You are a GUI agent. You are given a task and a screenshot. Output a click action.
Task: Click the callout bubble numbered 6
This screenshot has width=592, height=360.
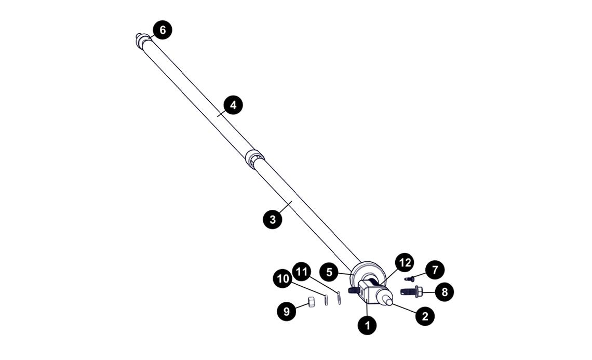163,30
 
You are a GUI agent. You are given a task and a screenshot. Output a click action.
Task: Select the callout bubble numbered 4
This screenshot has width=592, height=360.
233,105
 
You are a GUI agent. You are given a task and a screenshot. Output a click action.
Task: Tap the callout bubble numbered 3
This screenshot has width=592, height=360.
273,219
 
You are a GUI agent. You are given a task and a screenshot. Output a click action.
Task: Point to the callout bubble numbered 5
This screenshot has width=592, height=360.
329,272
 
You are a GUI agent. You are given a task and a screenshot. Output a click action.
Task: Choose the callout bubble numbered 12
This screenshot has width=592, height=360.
404,263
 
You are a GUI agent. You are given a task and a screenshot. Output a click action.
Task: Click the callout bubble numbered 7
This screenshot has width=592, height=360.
435,270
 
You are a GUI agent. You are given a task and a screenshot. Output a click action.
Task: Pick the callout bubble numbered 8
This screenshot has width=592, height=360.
445,292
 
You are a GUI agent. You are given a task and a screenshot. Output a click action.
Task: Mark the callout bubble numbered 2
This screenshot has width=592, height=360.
425,316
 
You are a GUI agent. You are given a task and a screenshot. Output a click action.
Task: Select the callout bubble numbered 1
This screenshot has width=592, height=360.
368,326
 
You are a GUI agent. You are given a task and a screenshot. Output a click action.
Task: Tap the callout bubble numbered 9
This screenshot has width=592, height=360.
286,311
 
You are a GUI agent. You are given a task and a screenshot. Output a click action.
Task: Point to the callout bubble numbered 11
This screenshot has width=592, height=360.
302,271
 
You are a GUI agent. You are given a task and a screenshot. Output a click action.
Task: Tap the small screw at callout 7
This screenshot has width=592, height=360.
409,278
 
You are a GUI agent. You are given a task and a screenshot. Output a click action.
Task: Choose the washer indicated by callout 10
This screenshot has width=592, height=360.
327,300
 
